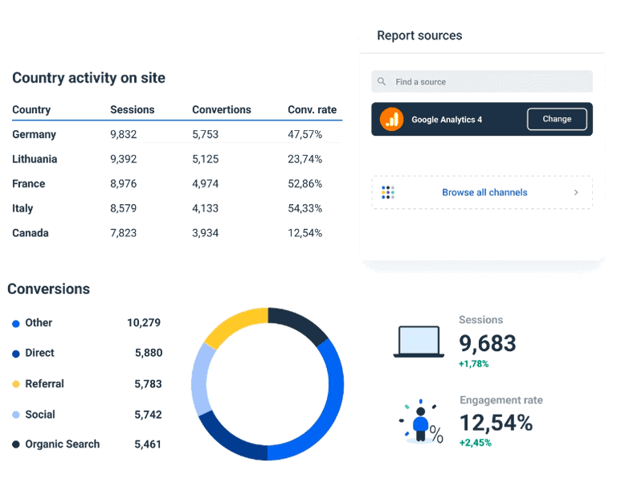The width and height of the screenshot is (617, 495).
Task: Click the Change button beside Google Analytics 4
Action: (x=557, y=119)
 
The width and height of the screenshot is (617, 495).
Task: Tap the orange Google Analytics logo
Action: (x=392, y=119)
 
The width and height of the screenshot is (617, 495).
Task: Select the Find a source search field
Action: (x=482, y=82)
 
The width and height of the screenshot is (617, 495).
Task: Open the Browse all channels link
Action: (x=484, y=193)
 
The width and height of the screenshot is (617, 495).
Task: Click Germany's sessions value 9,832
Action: (x=124, y=135)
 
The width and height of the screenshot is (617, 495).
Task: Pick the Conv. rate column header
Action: (x=312, y=110)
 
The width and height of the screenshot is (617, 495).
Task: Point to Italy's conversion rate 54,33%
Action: (x=304, y=209)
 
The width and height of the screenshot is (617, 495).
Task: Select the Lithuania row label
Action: (x=35, y=159)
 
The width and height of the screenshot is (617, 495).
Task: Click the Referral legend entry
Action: (x=44, y=384)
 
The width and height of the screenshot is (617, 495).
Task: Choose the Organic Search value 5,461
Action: (x=148, y=444)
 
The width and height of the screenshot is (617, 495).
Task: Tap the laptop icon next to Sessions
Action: (x=418, y=342)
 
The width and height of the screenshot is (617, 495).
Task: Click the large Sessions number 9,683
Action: (x=487, y=344)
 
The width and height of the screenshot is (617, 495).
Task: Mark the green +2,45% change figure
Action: (x=475, y=443)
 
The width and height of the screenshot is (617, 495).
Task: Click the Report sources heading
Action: (x=419, y=36)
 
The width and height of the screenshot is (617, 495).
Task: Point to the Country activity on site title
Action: (x=88, y=78)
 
